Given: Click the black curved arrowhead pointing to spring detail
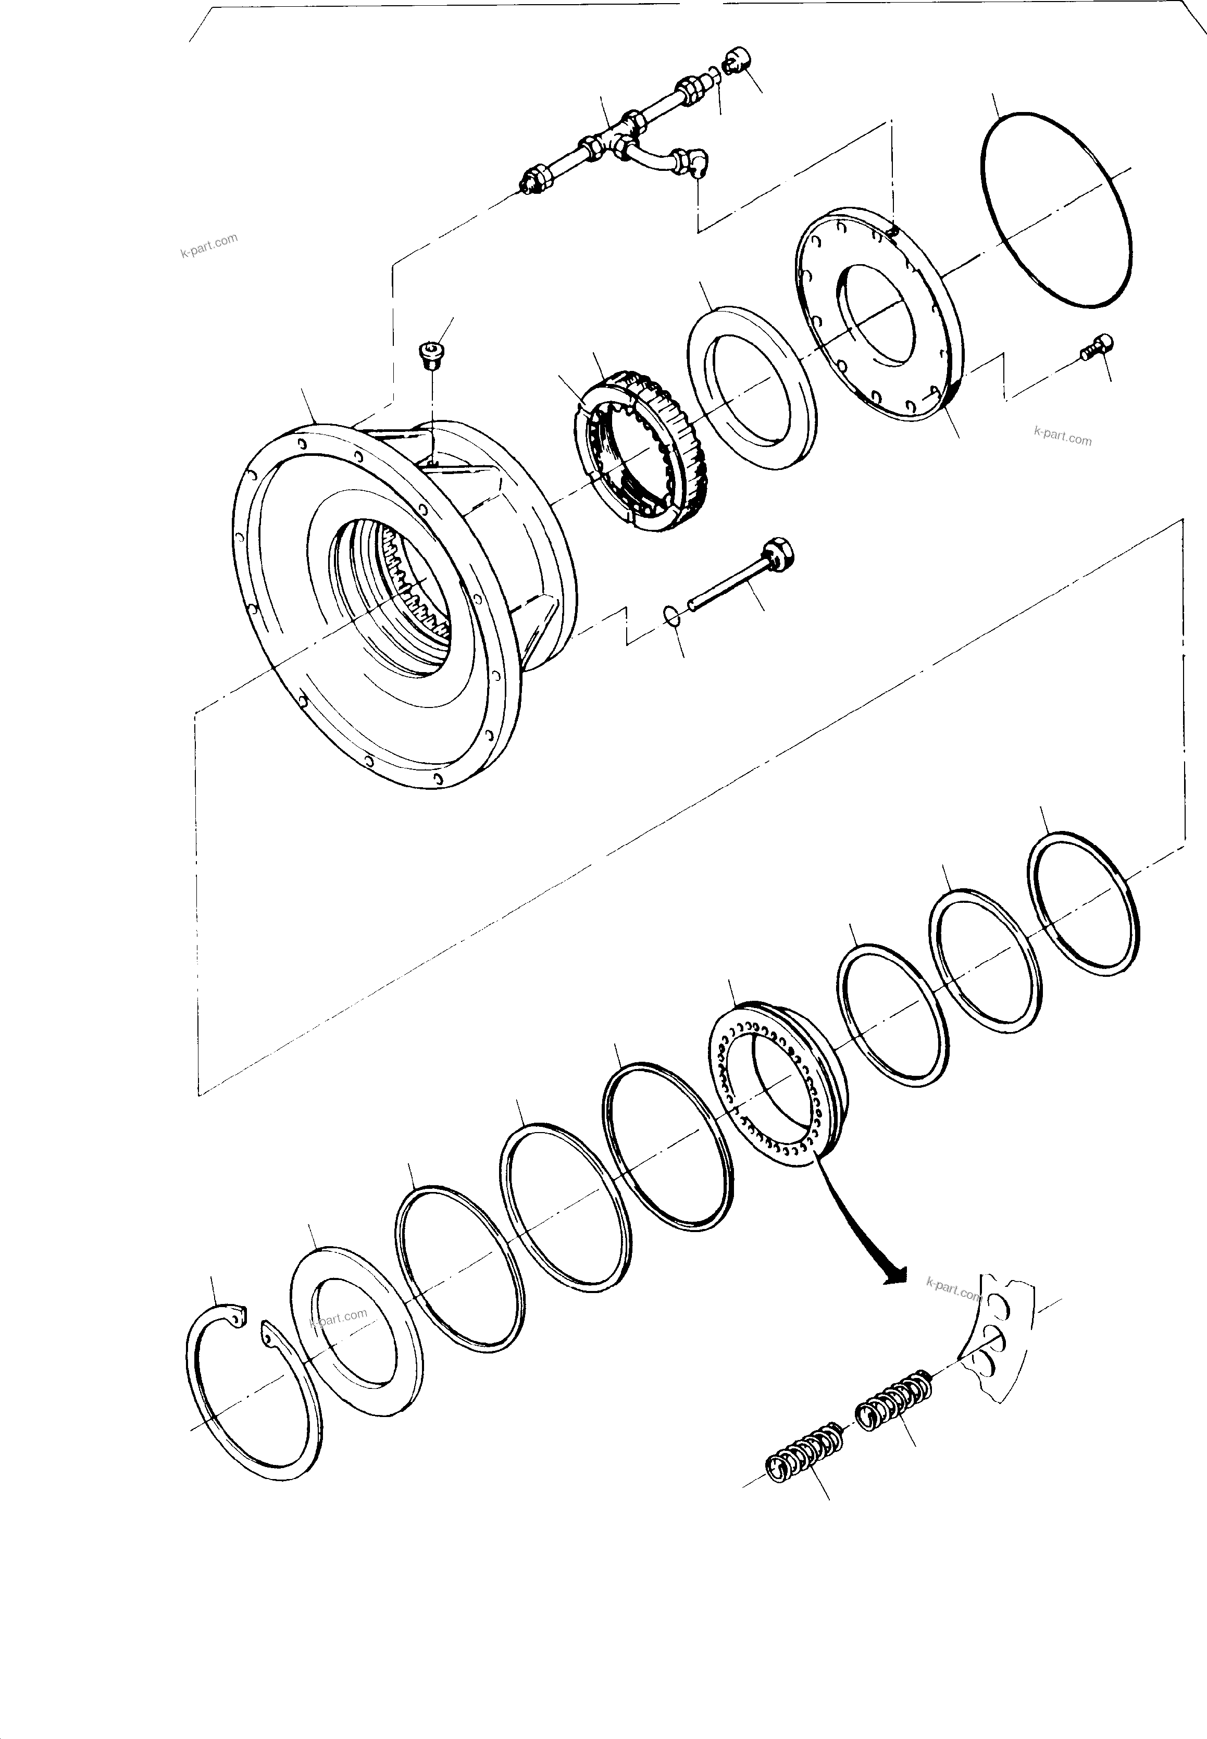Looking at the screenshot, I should [894, 1276].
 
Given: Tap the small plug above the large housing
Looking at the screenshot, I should [432, 353].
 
